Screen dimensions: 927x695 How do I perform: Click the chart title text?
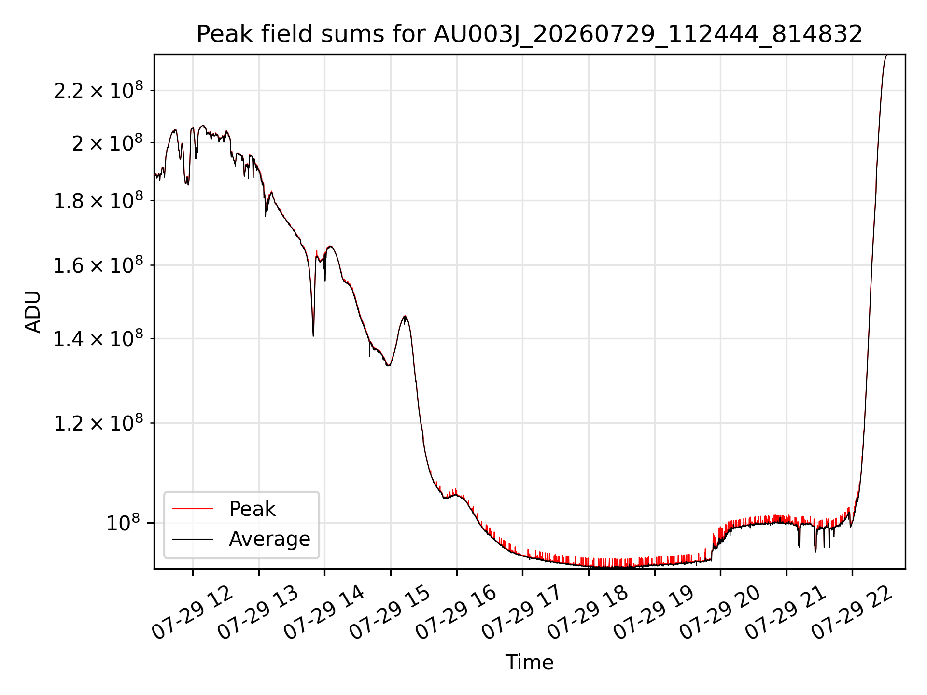[x=529, y=34]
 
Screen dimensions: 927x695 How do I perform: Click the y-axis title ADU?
[x=33, y=312]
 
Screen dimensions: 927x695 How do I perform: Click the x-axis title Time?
[x=529, y=663]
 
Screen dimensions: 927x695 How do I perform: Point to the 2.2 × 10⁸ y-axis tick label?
[x=98, y=90]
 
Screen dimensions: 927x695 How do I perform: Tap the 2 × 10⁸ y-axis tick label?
[x=107, y=143]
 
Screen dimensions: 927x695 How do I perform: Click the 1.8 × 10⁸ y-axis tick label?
[x=98, y=201]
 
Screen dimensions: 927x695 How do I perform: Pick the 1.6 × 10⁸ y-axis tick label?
[x=98, y=265]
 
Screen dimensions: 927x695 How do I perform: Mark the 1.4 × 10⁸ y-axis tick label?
[x=98, y=339]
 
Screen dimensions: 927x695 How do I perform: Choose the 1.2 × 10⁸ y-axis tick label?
[x=98, y=423]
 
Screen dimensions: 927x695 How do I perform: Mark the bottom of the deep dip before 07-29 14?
[x=313, y=335]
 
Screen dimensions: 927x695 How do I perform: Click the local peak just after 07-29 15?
[x=405, y=316]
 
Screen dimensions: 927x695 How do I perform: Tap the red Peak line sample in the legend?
[x=192, y=509]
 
